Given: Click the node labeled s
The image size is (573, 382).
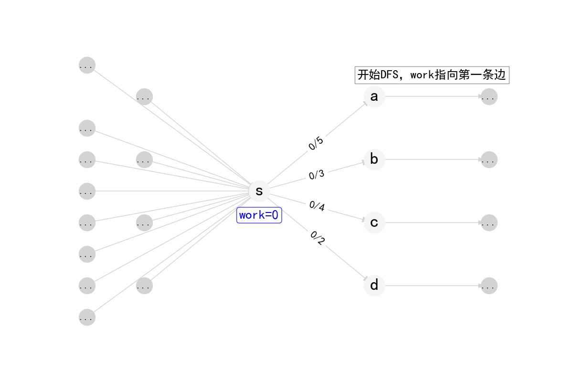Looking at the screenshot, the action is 259,191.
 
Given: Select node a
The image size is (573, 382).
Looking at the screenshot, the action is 374,96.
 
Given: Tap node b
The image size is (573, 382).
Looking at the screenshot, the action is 374,159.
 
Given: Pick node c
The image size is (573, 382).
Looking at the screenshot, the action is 374,223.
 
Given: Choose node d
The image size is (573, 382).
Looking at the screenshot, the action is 374,286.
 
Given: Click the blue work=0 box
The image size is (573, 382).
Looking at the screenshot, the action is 259,215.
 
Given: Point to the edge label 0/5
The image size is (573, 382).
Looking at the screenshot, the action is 316,143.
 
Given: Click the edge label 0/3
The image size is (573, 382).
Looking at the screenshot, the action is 317,175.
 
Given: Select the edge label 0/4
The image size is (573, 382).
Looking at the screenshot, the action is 317,206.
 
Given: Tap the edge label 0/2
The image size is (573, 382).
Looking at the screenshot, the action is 318,238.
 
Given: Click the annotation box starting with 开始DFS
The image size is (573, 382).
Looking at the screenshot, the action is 432,75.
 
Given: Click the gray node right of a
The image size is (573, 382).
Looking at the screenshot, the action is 489,97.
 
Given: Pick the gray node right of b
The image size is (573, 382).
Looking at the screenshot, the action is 489,159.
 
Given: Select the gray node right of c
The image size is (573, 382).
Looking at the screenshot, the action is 489,223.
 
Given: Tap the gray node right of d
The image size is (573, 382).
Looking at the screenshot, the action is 489,286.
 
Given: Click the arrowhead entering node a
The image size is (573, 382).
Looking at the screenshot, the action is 366,104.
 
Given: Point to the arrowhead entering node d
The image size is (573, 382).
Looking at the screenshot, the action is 366,278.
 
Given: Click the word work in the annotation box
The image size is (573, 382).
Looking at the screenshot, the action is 422,75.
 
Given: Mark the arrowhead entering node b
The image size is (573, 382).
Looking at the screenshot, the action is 363,162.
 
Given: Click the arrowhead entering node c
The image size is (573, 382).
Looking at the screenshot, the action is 363,220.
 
